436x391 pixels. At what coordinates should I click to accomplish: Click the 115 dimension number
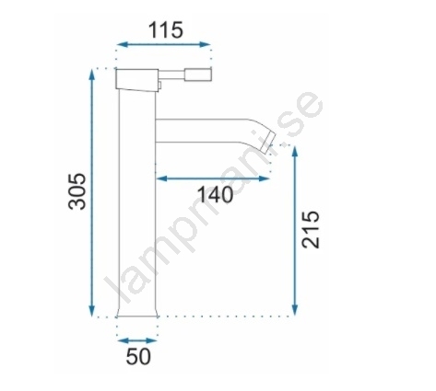coord(166,30)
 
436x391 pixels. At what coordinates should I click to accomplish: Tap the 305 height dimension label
coord(77,191)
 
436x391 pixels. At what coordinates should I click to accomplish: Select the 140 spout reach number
coord(215,194)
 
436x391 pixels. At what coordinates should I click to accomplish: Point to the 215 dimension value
coord(311,229)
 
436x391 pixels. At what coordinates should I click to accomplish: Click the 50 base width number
coord(138,356)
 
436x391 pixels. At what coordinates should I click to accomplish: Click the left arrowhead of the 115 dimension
coord(122,44)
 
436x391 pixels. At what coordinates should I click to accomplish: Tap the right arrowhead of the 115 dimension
coord(205,44)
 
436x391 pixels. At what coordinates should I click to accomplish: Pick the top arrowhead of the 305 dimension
coord(91,75)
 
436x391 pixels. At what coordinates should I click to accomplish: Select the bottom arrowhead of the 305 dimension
coord(91,310)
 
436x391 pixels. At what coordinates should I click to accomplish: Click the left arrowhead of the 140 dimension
coord(162,178)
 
